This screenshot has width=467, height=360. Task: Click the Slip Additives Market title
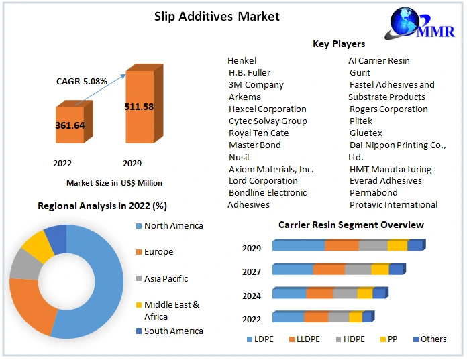click(x=217, y=16)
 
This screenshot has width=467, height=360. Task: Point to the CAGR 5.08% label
click(x=82, y=81)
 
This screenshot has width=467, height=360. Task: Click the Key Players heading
click(x=339, y=44)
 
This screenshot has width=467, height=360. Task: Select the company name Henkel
click(x=242, y=61)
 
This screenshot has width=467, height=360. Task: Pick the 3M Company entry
click(x=256, y=85)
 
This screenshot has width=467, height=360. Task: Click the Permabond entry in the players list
click(x=373, y=193)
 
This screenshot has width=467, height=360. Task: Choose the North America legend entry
click(x=173, y=226)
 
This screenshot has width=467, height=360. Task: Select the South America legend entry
click(x=173, y=331)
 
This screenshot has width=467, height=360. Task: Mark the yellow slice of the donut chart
click(x=37, y=246)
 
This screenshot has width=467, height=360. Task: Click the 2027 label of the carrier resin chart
click(x=252, y=271)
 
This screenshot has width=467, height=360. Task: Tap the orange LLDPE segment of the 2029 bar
click(x=342, y=246)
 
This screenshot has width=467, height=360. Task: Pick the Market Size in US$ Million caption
click(x=114, y=183)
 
